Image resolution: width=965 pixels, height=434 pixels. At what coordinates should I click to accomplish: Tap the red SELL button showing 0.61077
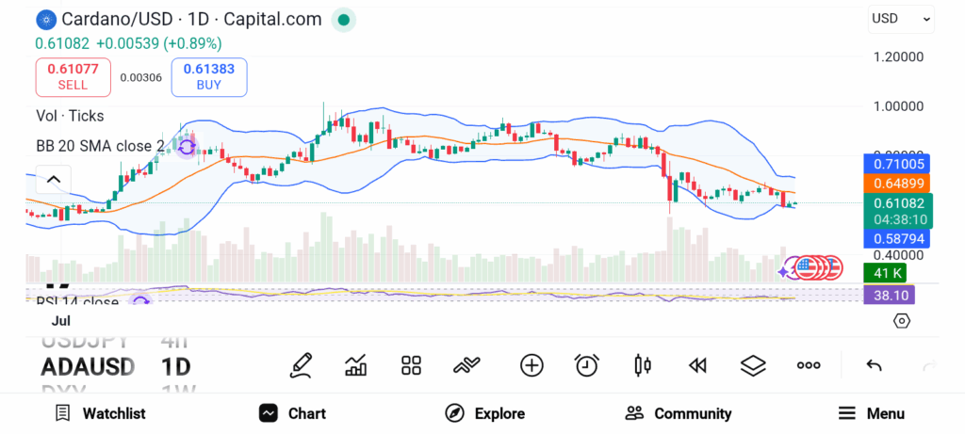pos(74,76)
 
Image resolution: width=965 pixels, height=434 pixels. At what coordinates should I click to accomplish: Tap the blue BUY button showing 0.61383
pos(209,76)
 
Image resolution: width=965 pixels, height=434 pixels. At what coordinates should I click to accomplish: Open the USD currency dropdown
pos(901,19)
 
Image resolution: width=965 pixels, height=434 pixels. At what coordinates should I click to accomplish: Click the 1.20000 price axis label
pos(898,56)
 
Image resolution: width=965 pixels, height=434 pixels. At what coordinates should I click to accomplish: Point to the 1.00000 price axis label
pos(898,106)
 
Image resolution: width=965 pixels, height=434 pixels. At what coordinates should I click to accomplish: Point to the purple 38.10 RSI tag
pos(889,295)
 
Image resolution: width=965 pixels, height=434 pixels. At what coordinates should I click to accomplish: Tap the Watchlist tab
pos(100,413)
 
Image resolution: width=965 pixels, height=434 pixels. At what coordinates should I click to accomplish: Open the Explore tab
pos(485,413)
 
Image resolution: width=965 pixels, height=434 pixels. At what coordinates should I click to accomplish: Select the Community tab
pos(679,413)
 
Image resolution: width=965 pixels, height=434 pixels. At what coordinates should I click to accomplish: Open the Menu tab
pos(872,413)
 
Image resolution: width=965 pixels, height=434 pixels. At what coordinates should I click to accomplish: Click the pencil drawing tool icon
pos(301,365)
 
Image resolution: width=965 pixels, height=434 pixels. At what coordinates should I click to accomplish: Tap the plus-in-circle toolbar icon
pos(532,365)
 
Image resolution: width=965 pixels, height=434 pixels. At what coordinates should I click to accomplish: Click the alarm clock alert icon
pos(587,365)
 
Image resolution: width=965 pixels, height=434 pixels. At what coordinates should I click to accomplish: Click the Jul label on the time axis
pos(61,321)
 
